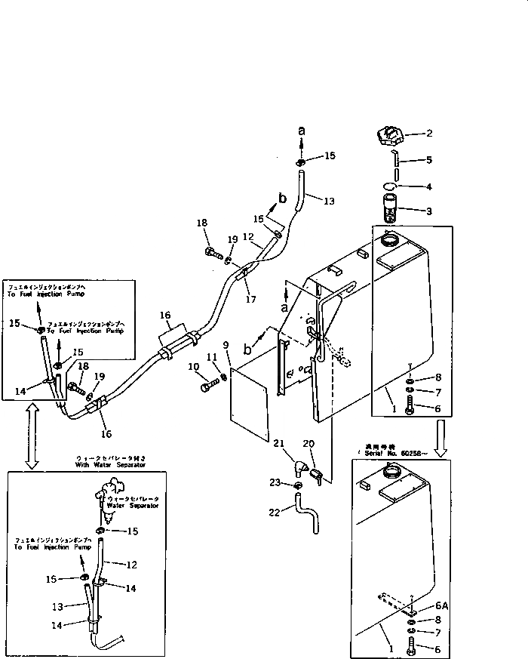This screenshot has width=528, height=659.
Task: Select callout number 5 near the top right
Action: click(429, 160)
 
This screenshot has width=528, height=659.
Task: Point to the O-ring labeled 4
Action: click(389, 186)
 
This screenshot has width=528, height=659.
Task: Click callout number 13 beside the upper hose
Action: click(328, 202)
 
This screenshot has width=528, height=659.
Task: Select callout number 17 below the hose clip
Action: click(250, 299)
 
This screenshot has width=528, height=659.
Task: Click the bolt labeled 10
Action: click(208, 387)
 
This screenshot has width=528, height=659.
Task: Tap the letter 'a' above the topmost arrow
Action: click(302, 131)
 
